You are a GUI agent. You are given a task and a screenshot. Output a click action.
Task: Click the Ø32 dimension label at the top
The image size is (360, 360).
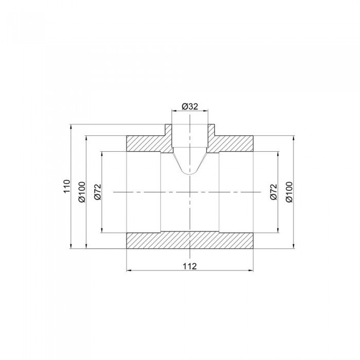coord(190,107)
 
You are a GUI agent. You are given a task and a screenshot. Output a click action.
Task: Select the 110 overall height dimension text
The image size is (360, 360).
coord(66,186)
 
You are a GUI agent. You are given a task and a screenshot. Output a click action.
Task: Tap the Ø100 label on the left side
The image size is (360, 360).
coord(81,192)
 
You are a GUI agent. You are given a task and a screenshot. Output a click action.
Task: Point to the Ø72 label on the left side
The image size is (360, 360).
coord(97,192)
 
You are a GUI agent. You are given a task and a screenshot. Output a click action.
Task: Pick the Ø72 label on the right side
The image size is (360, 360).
coord(273,192)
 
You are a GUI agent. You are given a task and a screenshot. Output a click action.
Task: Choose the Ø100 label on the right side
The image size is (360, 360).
coord(289,192)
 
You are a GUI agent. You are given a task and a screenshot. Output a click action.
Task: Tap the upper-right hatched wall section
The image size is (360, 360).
coord(234,143)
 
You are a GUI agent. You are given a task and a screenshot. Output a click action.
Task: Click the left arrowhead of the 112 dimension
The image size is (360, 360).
coord(129,270)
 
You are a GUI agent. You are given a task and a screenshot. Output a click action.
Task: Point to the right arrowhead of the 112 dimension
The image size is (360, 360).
coord(252,270)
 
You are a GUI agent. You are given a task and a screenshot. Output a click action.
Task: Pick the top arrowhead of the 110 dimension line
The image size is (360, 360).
coord(70,127)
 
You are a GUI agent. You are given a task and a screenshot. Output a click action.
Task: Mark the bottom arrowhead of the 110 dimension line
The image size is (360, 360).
coord(70,246)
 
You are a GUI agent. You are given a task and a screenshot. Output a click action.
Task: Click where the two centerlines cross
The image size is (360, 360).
coord(190,192)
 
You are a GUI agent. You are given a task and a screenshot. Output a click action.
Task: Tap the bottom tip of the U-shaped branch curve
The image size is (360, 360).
coord(190,173)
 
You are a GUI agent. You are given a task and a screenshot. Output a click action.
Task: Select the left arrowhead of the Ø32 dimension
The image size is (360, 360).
coord(173,112)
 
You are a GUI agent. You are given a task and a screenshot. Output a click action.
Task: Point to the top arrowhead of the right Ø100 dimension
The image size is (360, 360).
coord(293,138)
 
